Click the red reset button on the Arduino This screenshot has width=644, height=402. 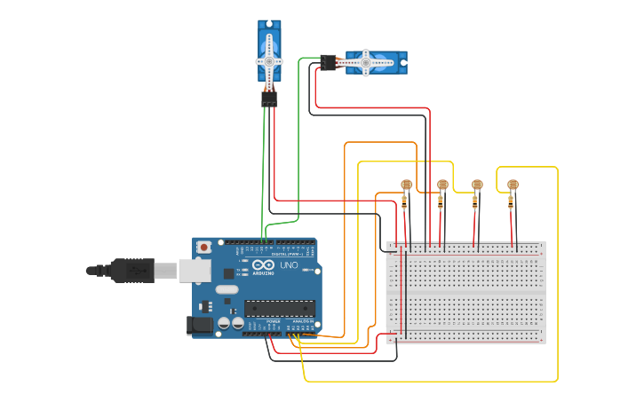(204, 247)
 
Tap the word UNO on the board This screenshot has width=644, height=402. (290, 265)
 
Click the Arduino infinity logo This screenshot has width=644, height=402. (264, 265)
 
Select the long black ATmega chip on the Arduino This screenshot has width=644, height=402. (280, 308)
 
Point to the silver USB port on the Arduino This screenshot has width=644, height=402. (195, 270)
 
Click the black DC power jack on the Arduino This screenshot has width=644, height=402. (202, 326)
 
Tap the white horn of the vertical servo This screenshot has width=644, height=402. (269, 61)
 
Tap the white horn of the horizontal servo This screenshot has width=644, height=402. (365, 62)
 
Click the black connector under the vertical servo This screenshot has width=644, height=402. (269, 99)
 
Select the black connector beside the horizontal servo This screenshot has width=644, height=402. (328, 62)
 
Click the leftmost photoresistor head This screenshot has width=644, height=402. (407, 185)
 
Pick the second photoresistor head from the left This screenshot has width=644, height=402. (442, 185)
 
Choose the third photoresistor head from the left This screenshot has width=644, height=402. (477, 185)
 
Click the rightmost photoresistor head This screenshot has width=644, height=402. (512, 185)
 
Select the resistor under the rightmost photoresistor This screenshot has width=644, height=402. (511, 201)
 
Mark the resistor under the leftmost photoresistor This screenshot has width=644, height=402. (405, 201)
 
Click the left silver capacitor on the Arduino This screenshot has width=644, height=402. (223, 324)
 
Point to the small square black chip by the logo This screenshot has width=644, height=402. (229, 274)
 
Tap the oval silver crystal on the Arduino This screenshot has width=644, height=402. (227, 289)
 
